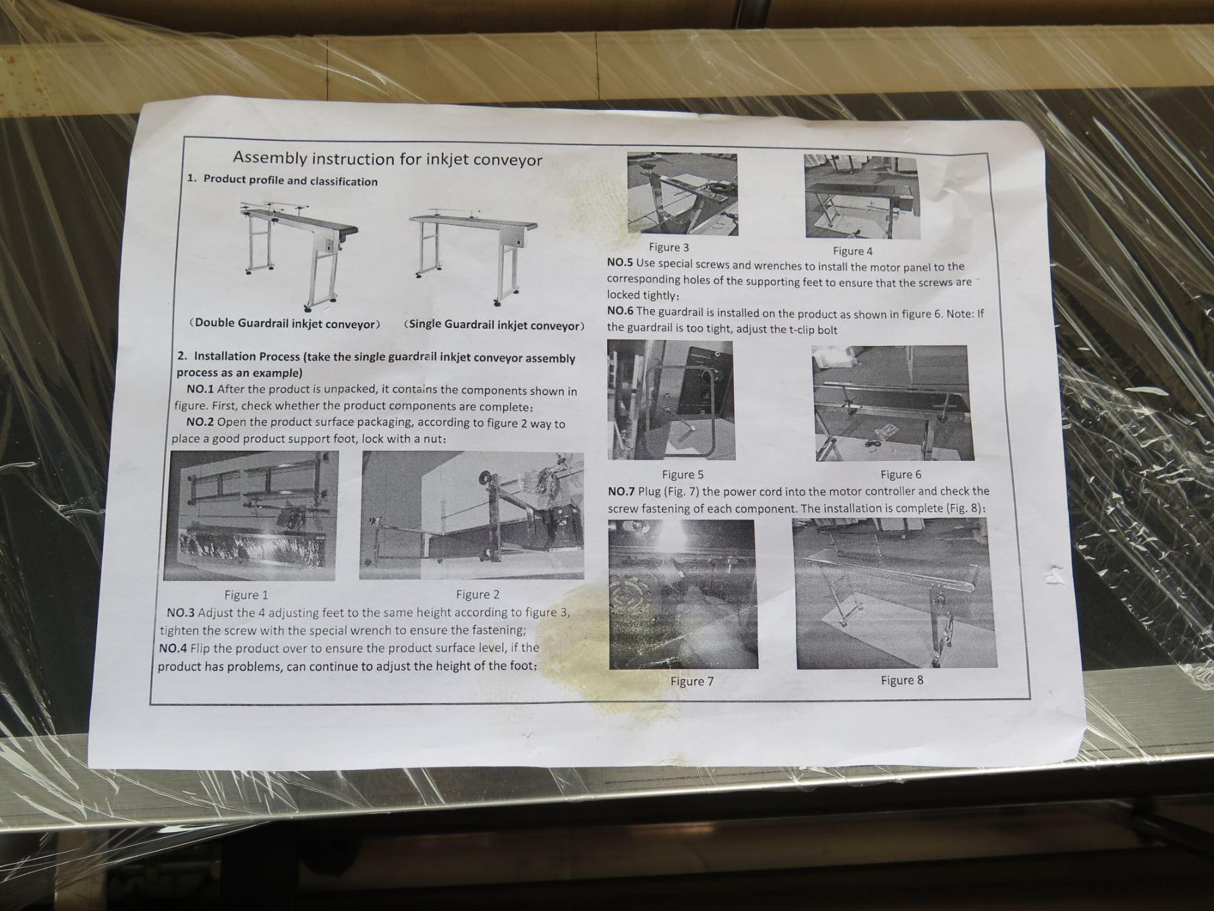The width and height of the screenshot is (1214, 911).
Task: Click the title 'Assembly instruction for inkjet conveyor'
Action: click(x=387, y=159)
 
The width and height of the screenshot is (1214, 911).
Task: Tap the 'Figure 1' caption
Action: click(x=246, y=595)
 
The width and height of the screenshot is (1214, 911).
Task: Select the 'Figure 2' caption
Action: click(x=478, y=595)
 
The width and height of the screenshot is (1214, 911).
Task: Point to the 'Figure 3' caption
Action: click(x=668, y=248)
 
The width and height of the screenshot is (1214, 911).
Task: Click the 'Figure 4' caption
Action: click(x=852, y=251)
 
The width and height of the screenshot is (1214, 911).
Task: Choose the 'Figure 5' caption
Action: click(x=683, y=474)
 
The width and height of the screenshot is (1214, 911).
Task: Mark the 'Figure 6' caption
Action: click(x=900, y=474)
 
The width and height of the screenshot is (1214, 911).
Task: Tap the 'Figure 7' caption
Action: click(x=692, y=681)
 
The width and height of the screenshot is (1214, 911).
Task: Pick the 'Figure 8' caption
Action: click(x=902, y=680)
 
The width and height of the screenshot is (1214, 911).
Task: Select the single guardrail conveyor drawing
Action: click(x=473, y=256)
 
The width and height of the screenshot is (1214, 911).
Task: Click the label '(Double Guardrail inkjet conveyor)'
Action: click(x=284, y=323)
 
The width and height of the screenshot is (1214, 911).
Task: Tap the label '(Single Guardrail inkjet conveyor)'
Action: click(x=494, y=325)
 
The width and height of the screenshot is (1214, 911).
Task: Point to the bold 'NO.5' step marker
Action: click(x=620, y=263)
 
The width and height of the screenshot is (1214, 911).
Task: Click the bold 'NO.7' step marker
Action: click(x=621, y=491)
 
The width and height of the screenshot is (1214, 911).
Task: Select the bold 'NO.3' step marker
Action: click(x=181, y=613)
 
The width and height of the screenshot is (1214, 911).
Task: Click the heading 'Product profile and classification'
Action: click(x=290, y=181)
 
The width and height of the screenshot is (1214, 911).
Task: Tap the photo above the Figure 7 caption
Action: click(x=683, y=595)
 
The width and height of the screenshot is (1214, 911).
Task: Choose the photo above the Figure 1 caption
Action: click(x=250, y=516)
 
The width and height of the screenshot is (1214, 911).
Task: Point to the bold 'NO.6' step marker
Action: click(x=620, y=310)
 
